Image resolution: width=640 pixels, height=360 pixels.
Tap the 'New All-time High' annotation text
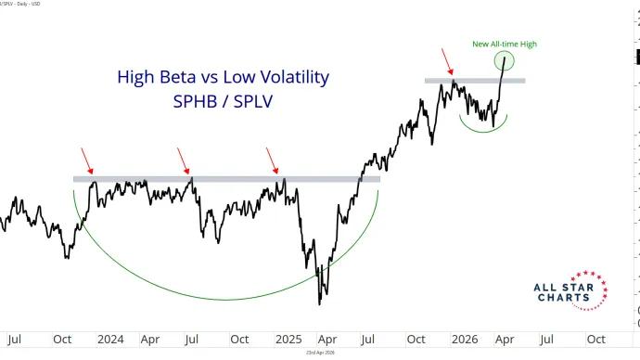506,44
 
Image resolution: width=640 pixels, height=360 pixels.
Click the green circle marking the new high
506,61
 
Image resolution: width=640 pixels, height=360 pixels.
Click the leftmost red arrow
87,163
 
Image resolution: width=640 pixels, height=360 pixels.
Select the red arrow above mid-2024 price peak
185,163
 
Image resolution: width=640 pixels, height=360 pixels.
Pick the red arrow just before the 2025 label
272,161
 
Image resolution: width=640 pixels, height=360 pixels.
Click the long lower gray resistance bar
226,178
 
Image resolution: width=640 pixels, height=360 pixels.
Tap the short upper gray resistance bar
475,81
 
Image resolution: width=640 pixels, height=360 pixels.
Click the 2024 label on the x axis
110,339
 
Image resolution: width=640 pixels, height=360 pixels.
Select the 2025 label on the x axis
287,339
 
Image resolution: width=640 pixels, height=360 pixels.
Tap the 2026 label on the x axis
465,339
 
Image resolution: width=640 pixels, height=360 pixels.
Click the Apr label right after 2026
506,339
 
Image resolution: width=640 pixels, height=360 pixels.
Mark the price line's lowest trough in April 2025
319,303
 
